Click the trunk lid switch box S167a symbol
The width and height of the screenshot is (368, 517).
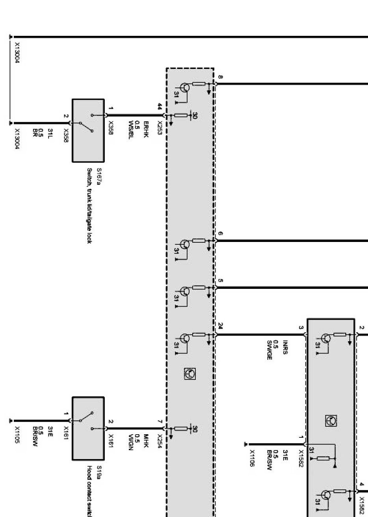pos(88,130)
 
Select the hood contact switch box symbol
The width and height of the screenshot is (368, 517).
pos(88,428)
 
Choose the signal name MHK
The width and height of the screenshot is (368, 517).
pos(145,438)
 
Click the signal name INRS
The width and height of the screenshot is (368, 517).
pos(284,348)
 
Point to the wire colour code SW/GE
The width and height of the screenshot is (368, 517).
pos(269,350)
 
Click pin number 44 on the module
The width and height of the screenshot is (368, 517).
pos(160,106)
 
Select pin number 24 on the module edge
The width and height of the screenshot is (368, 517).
pos(220,326)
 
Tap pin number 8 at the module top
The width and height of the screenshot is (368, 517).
pos(220,77)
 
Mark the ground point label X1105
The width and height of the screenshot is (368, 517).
pos(17,434)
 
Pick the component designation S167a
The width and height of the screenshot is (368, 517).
pos(98,177)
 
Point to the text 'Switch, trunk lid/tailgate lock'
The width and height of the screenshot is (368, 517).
pos(89,205)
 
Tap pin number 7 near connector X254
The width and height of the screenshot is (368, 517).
pos(160,422)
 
